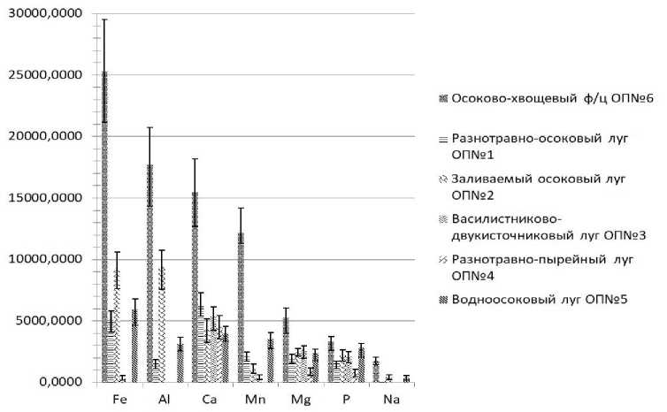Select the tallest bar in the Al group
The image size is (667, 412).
pyautogui.click(x=149, y=274)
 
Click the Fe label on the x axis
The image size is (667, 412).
pyautogui.click(x=119, y=400)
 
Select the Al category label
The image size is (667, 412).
pyautogui.click(x=164, y=400)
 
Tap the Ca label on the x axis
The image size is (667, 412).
pyautogui.click(x=210, y=400)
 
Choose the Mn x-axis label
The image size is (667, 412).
pyautogui.click(x=255, y=400)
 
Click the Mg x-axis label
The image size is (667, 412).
pyautogui.click(x=300, y=400)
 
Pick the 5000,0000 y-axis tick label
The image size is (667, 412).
pyautogui.click(x=44, y=321)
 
